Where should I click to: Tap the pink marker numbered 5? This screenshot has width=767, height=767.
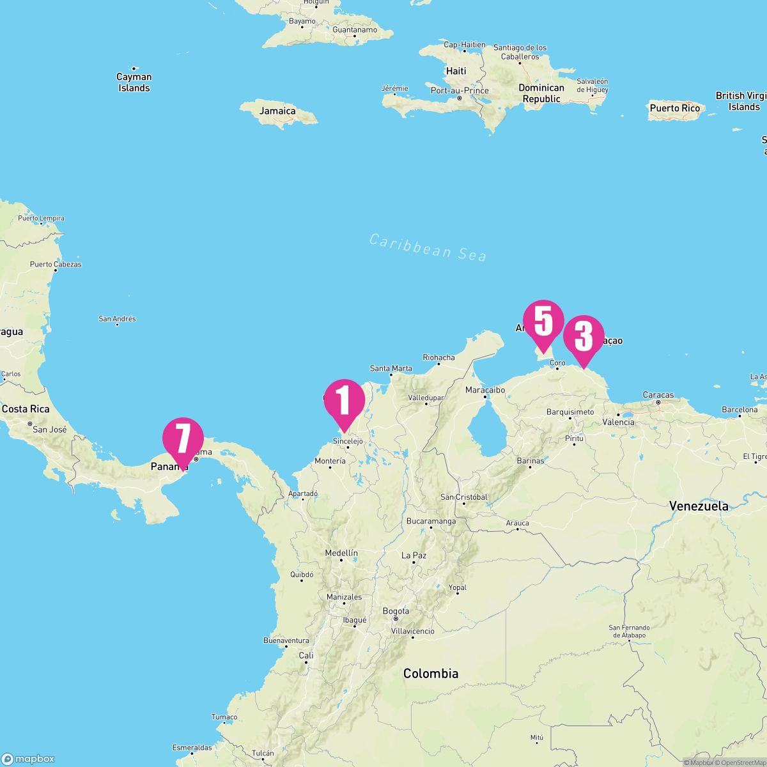click(543, 322)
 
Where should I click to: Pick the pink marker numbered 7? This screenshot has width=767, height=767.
click(183, 439)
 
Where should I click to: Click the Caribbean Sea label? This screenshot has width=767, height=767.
click(428, 247)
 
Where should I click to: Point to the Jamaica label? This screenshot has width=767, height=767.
click(277, 111)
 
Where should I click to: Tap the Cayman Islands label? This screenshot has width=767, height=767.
click(134, 82)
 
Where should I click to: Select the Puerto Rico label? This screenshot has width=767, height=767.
click(674, 108)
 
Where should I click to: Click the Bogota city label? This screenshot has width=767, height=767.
click(396, 612)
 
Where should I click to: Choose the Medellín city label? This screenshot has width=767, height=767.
click(341, 553)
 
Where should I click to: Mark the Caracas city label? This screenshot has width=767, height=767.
click(658, 395)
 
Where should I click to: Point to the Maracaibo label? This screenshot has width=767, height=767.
click(485, 390)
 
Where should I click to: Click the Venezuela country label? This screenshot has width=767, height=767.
click(699, 506)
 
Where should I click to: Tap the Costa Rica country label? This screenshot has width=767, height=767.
click(26, 409)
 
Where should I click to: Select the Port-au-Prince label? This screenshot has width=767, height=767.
click(460, 91)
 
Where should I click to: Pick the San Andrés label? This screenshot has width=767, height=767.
click(117, 319)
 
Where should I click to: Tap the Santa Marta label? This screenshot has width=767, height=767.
click(391, 368)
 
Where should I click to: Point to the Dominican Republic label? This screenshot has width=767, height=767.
click(541, 93)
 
